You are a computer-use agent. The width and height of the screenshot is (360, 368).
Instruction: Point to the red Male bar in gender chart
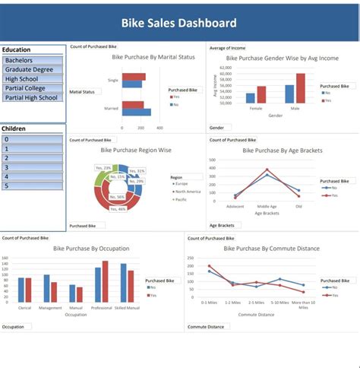(x=300, y=88)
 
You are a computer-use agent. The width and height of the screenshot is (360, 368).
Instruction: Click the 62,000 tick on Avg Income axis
(x=225, y=68)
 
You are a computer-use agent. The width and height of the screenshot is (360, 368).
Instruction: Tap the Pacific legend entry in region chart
(x=182, y=199)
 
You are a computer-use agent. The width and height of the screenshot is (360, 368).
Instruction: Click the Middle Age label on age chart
(x=267, y=206)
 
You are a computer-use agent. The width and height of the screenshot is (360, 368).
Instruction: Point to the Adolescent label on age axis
(x=235, y=206)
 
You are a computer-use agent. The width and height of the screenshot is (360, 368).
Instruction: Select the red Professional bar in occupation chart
(x=105, y=282)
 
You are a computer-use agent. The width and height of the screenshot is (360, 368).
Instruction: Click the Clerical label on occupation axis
(x=24, y=307)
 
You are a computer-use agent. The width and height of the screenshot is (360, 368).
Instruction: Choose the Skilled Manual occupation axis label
(x=126, y=307)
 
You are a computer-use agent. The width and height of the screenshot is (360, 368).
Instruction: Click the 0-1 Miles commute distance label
(x=210, y=303)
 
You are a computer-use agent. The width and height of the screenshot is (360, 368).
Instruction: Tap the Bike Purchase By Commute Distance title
(x=271, y=248)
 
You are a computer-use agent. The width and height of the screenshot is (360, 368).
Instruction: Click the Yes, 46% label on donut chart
(x=118, y=208)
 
